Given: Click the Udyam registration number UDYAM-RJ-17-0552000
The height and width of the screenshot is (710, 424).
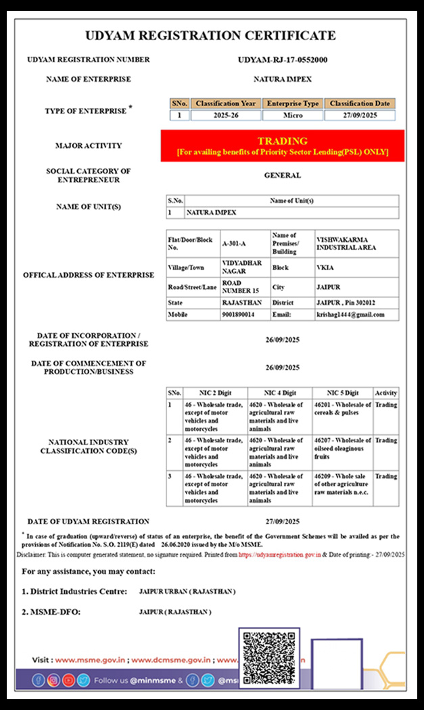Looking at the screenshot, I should (x=283, y=60).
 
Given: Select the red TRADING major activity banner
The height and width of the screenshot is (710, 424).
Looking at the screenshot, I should (x=282, y=146).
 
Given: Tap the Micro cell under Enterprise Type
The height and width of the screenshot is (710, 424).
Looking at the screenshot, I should (x=292, y=116).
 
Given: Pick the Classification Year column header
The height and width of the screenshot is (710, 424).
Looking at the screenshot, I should (x=225, y=103).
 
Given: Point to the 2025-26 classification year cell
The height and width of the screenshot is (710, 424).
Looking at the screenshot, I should (x=225, y=116).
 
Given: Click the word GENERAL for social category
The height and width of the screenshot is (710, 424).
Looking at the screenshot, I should (x=283, y=176).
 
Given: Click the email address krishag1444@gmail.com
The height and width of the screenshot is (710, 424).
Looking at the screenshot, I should (x=350, y=315).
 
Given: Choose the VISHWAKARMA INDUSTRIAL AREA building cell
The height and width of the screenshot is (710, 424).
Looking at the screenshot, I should (x=356, y=244).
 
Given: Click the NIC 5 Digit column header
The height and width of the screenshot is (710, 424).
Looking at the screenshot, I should (x=343, y=392).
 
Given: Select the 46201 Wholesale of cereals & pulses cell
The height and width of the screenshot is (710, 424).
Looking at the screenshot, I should (x=342, y=409).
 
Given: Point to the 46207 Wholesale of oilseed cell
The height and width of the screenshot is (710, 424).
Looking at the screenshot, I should (x=342, y=449).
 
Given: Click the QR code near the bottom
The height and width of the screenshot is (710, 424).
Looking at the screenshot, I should (x=268, y=658).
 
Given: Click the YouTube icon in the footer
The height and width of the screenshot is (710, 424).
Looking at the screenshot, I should (x=68, y=681).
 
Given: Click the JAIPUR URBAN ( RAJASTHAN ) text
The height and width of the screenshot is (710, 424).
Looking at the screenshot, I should (x=187, y=592).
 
